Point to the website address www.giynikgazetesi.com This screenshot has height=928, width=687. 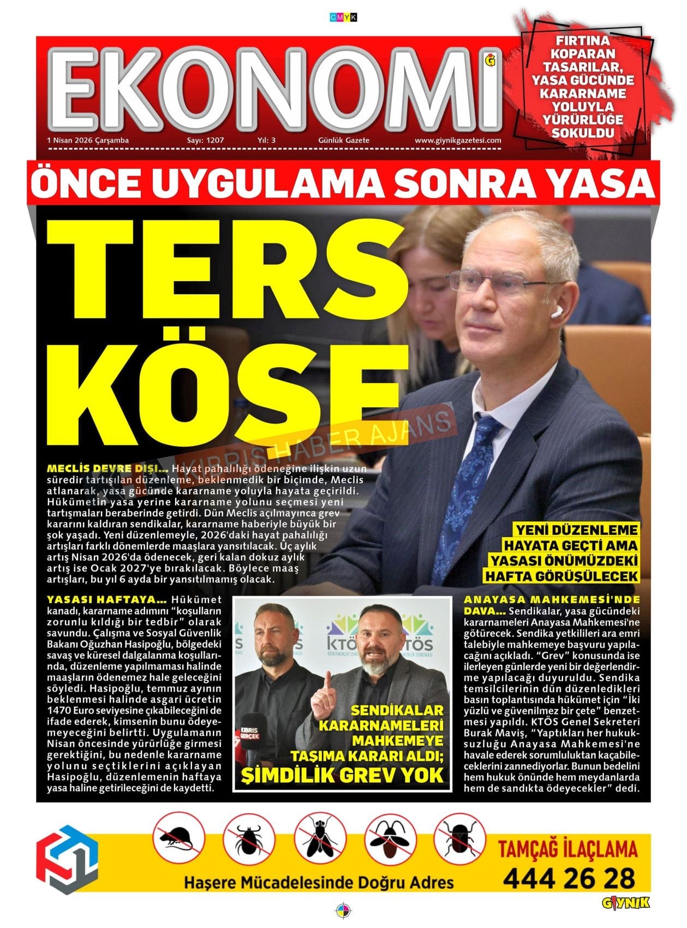click(458, 140)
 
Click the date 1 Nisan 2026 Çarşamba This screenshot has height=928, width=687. click(88, 140)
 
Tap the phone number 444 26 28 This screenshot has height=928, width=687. click(569, 879)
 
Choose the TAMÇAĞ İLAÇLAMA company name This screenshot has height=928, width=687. click(567, 849)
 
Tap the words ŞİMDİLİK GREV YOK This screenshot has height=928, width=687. click(342, 775)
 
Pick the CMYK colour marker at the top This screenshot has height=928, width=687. click(343, 17)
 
